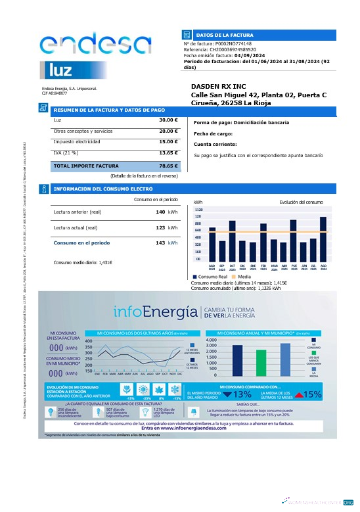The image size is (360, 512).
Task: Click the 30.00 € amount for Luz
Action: pyautogui.click(x=168, y=120)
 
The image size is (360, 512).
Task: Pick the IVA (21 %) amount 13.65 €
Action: pyautogui.click(x=168, y=152)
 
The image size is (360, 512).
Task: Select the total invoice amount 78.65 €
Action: pyautogui.click(x=168, y=166)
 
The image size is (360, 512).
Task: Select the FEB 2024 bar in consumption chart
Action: pyautogui.click(x=263, y=241)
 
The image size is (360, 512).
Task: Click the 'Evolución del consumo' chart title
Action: pyautogui.click(x=301, y=202)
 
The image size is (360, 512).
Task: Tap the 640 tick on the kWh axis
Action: pyautogui.click(x=198, y=231)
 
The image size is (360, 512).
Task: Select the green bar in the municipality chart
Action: pyautogui.click(x=261, y=361)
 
